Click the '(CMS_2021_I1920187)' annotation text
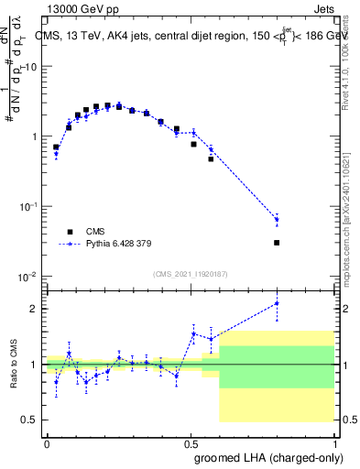[x=191, y=273]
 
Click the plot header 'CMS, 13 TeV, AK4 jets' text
[x=101, y=36]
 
